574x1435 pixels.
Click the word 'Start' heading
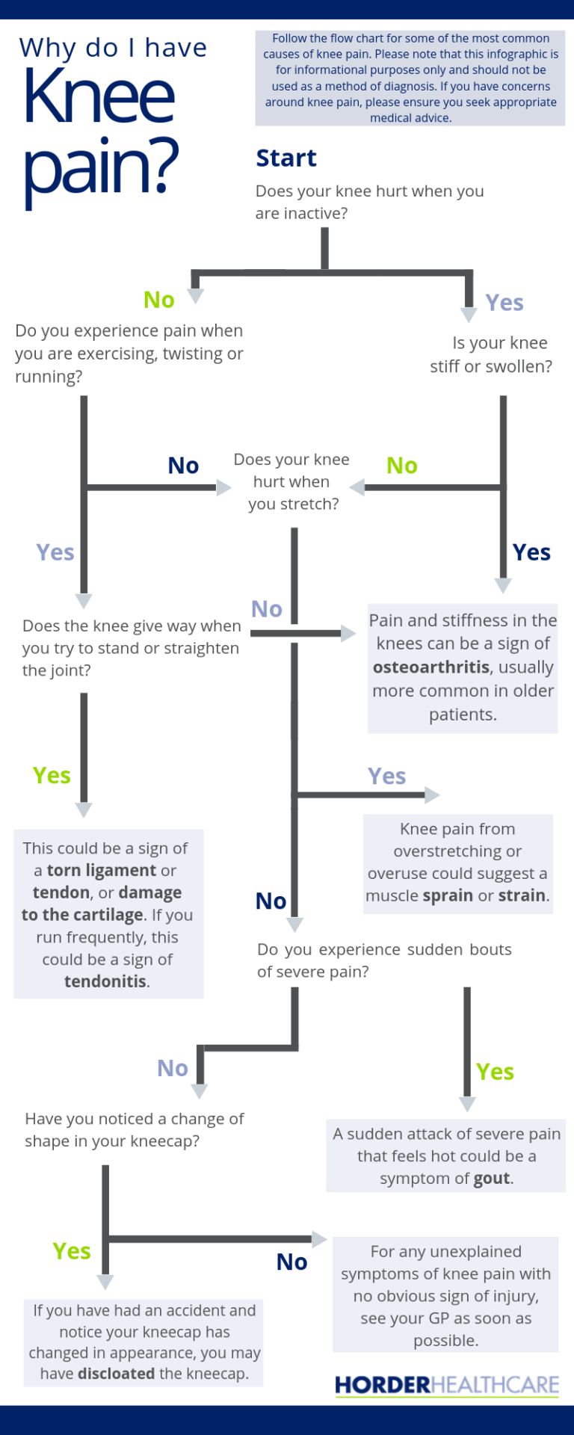tap(286, 158)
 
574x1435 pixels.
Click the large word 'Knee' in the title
tap(99, 97)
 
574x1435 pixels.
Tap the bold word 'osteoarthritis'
tap(431, 667)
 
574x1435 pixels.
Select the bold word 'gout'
tap(493, 1178)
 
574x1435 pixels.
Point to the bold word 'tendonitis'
tap(105, 981)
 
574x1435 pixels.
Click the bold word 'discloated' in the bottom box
tap(116, 1374)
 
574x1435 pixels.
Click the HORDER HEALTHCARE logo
tap(446, 1385)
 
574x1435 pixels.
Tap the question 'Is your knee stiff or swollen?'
tap(492, 354)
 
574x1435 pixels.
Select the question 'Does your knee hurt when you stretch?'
tap(292, 481)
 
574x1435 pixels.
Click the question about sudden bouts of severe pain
tap(383, 960)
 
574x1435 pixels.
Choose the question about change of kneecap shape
tap(135, 1129)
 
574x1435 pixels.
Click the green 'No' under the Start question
tap(159, 300)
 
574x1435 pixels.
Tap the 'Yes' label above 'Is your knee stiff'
tap(504, 303)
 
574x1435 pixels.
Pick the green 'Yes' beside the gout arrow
tap(495, 1072)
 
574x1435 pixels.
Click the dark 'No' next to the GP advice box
tap(291, 1262)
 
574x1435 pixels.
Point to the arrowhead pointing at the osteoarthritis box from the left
tap(349, 634)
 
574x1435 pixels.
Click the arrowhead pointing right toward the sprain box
tap(432, 795)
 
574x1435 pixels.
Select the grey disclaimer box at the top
tap(410, 78)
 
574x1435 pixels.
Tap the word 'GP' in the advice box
tap(439, 1318)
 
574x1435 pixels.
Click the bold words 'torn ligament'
tap(102, 870)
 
